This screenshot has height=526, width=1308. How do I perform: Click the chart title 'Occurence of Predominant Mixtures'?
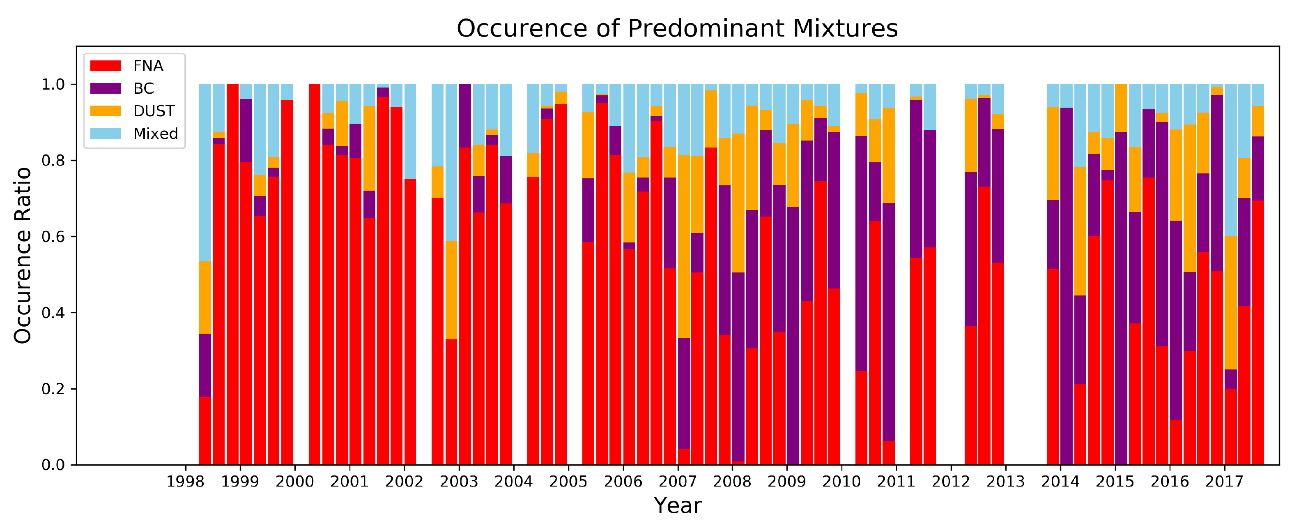coord(677,28)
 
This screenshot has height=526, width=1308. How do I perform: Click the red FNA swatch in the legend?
coord(106,66)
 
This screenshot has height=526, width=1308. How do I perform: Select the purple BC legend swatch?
coord(106,88)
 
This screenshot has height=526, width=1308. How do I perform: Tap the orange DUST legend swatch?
coord(106,111)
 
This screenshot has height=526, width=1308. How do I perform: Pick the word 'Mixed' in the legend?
coord(155,134)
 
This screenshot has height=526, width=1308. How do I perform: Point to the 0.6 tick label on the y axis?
coord(53,237)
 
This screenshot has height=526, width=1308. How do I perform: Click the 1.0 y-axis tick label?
coord(53,84)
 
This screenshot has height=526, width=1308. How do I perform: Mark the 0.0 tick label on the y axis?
coord(53,465)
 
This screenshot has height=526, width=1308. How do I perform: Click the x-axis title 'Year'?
coord(677,506)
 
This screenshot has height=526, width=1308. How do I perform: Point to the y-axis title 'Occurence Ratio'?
coord(23,256)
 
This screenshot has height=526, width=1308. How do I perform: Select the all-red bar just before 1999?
coord(232,275)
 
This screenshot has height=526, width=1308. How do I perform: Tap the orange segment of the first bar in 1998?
coord(205,297)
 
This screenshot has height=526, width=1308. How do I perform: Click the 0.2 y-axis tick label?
coord(53,389)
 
